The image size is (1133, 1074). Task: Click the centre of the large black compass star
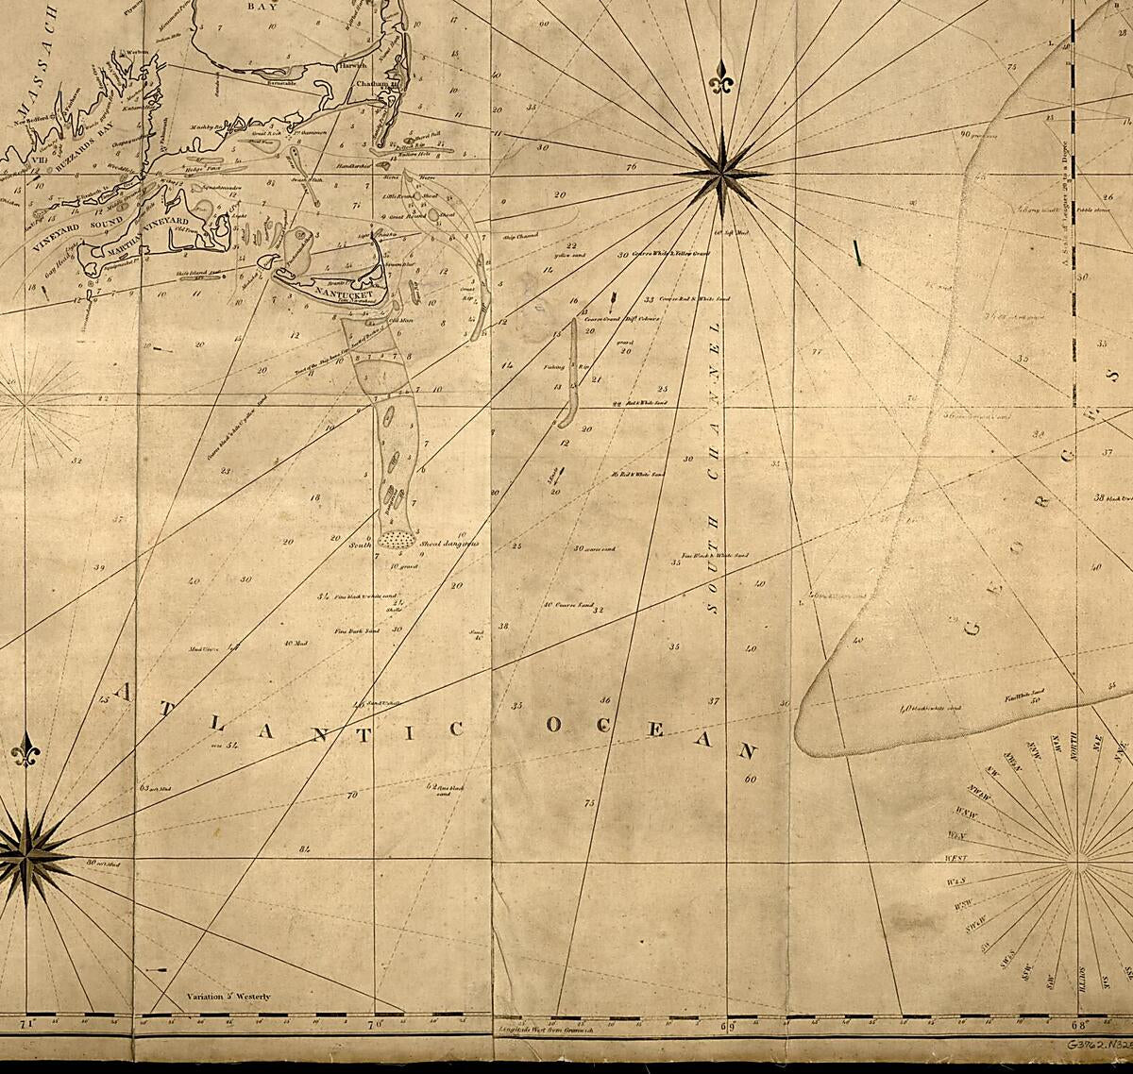(x=721, y=174)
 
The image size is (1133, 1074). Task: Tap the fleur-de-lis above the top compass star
(x=722, y=83)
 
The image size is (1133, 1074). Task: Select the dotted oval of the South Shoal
(x=397, y=539)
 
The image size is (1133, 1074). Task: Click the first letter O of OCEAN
(x=555, y=725)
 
